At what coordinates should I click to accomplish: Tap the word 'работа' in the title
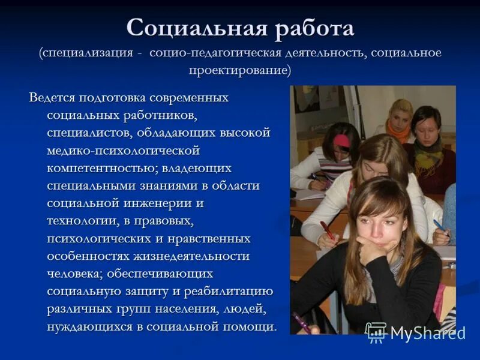tap(314, 28)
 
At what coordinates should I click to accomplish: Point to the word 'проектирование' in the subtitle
tap(239, 70)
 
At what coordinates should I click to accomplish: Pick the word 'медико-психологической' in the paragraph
tap(123, 149)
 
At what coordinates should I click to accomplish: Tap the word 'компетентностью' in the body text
tap(98, 167)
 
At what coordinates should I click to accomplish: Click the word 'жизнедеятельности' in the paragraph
tap(192, 256)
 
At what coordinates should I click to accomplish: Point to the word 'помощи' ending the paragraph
tap(252, 327)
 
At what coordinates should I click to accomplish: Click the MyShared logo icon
tap(376, 332)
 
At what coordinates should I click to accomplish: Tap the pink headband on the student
tap(342, 141)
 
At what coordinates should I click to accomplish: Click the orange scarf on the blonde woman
tap(397, 129)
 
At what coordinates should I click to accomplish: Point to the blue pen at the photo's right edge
tap(441, 227)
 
